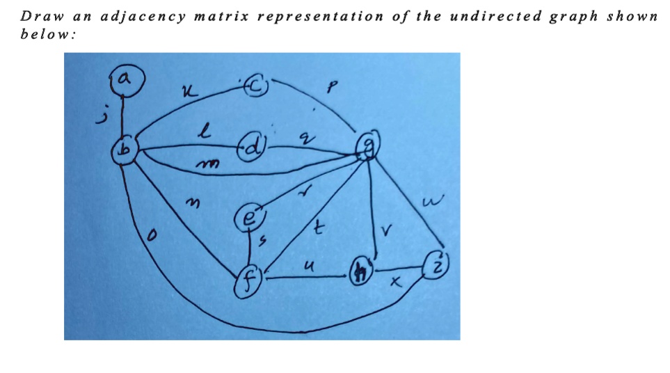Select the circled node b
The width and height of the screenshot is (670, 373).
click(125, 148)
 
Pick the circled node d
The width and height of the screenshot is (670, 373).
click(252, 147)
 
